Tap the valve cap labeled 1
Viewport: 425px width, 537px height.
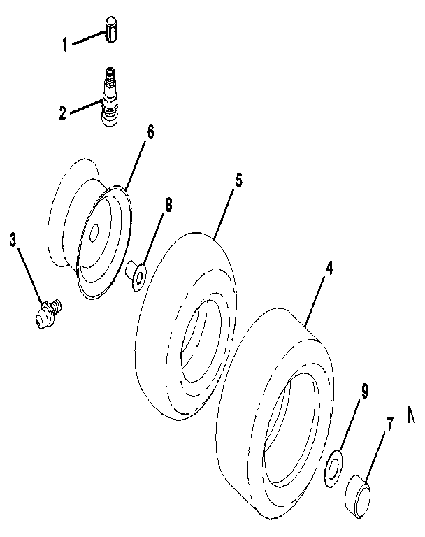[112, 29]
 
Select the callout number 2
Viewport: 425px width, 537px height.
[62, 113]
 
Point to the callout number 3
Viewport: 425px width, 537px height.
[13, 240]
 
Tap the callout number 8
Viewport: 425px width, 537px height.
[168, 205]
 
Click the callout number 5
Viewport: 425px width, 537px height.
[238, 180]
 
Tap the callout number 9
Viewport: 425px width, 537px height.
[364, 392]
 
